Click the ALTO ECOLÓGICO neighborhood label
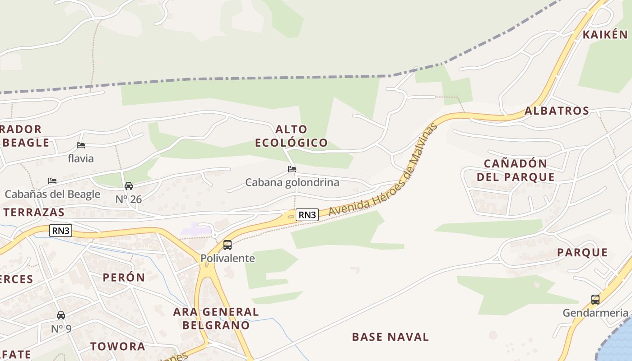click(x=291, y=136)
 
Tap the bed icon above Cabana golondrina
click(x=292, y=169)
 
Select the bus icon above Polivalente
click(x=228, y=245)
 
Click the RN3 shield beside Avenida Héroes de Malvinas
click(x=307, y=215)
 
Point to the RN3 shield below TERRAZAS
click(x=61, y=231)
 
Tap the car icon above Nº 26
click(x=129, y=186)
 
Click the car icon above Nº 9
click(x=61, y=315)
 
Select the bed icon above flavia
click(x=81, y=145)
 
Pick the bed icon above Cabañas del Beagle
click(x=52, y=181)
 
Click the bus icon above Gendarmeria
click(x=595, y=299)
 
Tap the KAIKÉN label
click(x=605, y=35)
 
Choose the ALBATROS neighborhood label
click(x=557, y=111)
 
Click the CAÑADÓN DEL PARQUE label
click(x=516, y=170)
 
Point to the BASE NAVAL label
click(x=390, y=337)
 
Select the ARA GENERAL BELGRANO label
click(x=216, y=318)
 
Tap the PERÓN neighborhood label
click(x=124, y=277)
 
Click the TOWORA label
click(x=117, y=347)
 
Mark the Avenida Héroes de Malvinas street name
click(x=384, y=169)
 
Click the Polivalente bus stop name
click(x=228, y=259)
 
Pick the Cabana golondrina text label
click(x=292, y=182)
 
